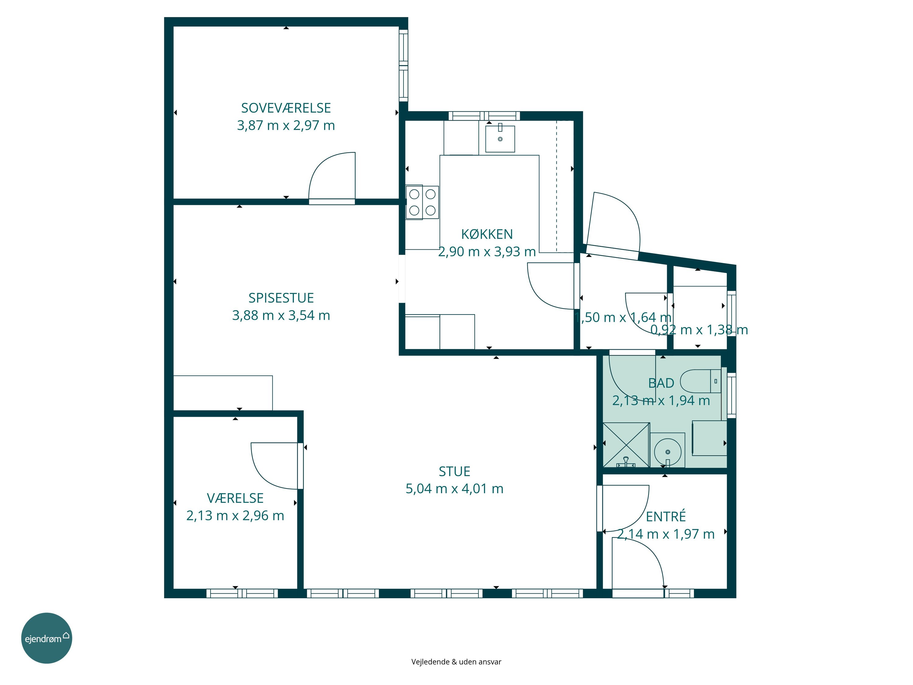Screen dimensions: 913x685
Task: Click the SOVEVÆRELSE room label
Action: point(286,108)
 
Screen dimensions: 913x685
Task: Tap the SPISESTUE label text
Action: point(281,298)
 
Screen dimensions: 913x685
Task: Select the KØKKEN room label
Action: point(487,234)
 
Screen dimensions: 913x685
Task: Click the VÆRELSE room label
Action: point(235,498)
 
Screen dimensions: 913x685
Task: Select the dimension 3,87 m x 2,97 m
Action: point(286,125)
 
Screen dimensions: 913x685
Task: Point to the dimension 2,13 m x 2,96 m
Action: point(235,515)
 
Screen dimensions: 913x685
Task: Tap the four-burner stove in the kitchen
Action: point(422,202)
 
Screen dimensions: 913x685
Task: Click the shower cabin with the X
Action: point(626,445)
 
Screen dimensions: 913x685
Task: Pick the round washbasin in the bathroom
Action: point(667,452)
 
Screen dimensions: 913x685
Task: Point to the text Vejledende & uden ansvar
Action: point(456,662)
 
